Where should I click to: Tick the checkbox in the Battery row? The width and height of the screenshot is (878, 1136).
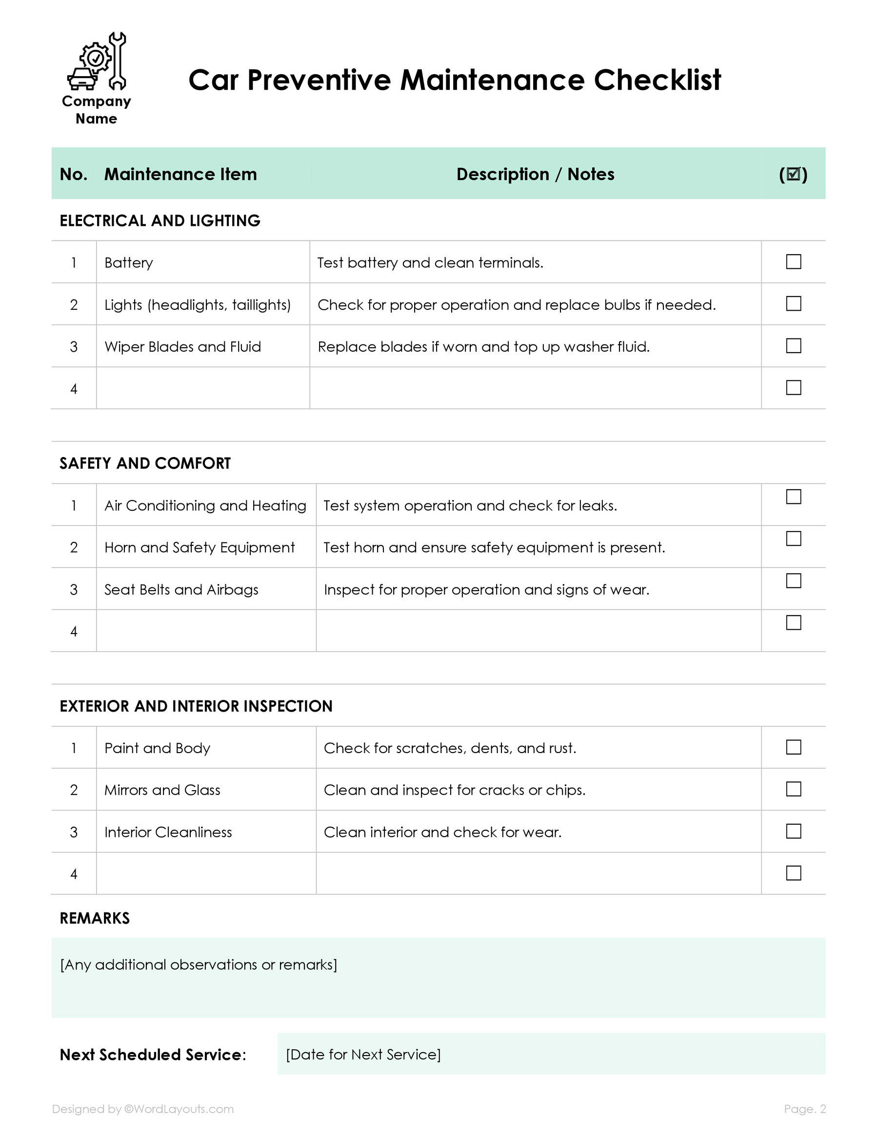[793, 261]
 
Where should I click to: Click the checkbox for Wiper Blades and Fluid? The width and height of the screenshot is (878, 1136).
[793, 345]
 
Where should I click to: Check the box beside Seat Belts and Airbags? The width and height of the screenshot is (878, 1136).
[793, 580]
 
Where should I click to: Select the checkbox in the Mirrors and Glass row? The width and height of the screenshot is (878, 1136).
[793, 789]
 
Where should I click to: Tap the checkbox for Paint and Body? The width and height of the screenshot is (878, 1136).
[793, 747]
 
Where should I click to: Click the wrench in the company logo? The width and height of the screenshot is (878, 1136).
[118, 60]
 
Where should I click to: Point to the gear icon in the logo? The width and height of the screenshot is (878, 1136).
[95, 58]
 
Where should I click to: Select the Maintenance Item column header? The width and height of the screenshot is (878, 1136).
[180, 174]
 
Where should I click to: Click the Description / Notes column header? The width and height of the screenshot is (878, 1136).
[535, 174]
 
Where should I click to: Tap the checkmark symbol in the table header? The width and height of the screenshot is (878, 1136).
[793, 174]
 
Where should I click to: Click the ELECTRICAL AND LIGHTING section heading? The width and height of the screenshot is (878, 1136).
[160, 220]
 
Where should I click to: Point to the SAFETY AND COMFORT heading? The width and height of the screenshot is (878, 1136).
[145, 463]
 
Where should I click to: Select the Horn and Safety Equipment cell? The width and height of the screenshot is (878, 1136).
[199, 547]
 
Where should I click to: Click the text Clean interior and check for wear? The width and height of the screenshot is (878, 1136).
[442, 832]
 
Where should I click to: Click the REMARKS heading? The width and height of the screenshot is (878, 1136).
[95, 918]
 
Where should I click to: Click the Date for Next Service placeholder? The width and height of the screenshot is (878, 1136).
[363, 1055]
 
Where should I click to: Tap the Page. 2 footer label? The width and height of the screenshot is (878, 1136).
[805, 1109]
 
